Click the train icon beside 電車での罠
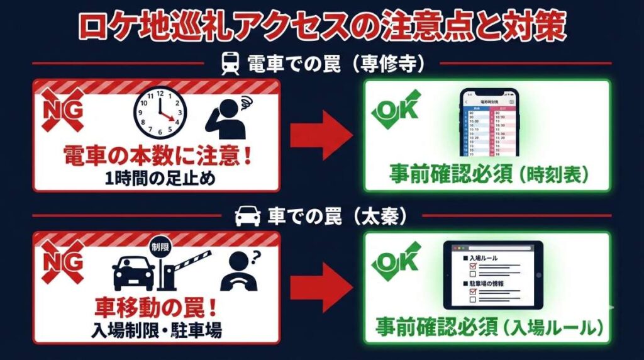(x=230, y=63)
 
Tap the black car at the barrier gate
(x=133, y=271)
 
